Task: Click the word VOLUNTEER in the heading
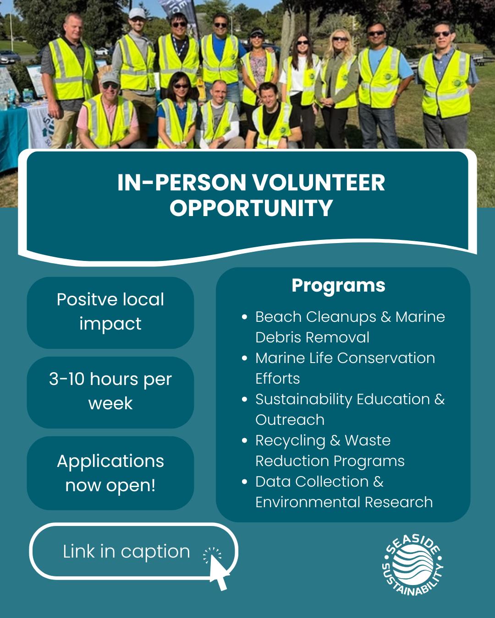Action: point(319,182)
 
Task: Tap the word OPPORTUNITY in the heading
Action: point(251,207)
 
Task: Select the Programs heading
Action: point(338,285)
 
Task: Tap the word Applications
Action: point(110,461)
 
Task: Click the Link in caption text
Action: point(126,551)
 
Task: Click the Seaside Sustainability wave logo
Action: point(412,566)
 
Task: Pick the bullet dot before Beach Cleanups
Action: point(245,317)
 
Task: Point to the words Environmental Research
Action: point(344,502)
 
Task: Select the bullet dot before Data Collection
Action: point(245,482)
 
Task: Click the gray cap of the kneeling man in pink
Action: point(109,78)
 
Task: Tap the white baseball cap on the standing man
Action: point(136,12)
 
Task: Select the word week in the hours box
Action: point(110,403)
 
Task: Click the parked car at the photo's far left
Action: point(9,57)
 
